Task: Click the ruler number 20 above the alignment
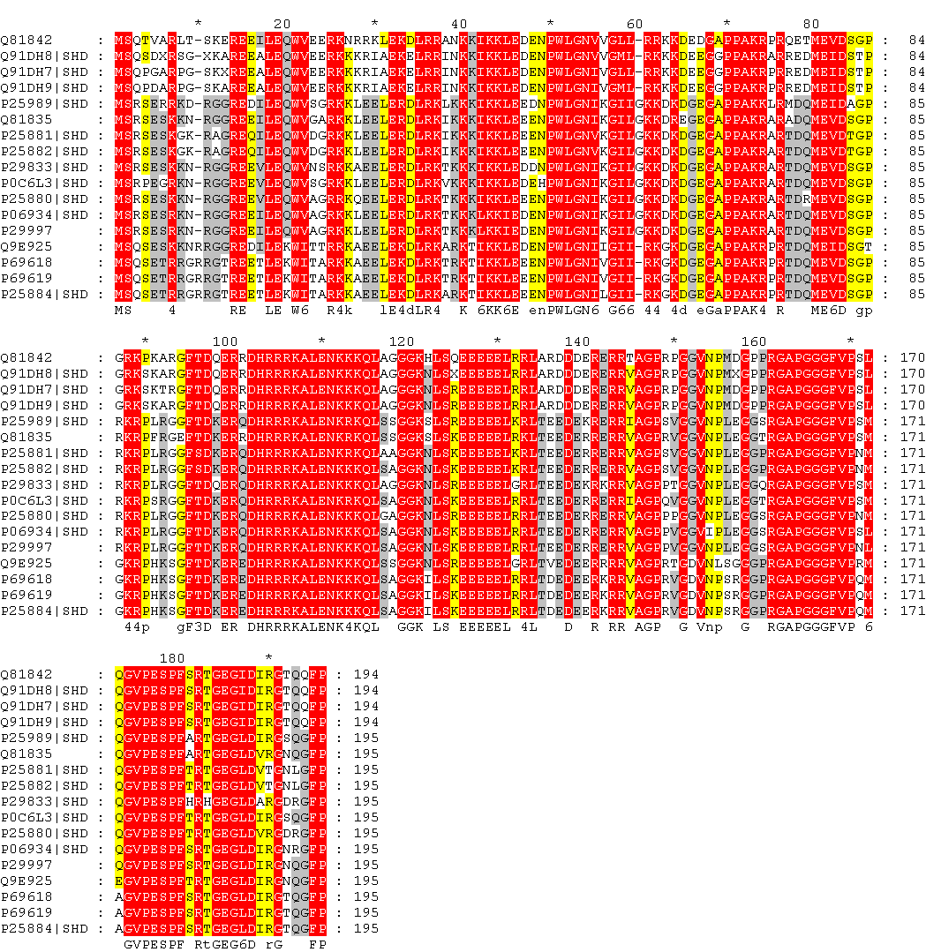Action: [283, 23]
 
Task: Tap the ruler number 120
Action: [402, 341]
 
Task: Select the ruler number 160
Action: [755, 341]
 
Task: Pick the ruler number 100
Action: [225, 341]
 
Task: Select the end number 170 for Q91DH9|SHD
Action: [910, 405]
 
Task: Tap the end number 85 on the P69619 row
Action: [915, 277]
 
